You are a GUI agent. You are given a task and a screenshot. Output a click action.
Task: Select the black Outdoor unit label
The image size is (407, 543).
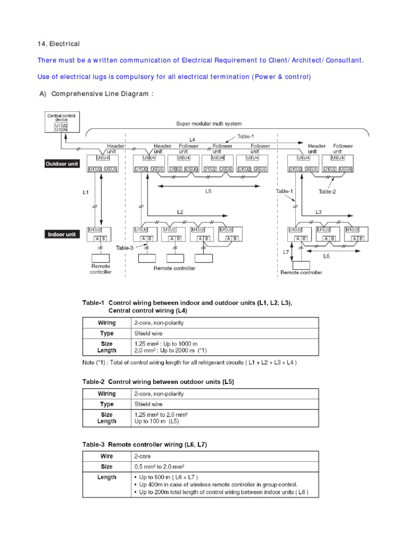pyautogui.click(x=61, y=164)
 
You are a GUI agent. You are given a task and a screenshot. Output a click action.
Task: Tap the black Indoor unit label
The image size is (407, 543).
pyautogui.click(x=61, y=234)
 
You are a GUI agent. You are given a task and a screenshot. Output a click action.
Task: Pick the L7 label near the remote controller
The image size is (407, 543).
pyautogui.click(x=286, y=252)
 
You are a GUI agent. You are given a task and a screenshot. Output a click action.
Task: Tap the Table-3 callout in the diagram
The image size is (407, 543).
pyautogui.click(x=125, y=247)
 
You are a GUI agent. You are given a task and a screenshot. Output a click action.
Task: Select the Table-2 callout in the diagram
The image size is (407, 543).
pyautogui.click(x=327, y=192)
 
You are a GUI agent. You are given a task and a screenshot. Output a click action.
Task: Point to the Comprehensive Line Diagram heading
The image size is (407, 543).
pyautogui.click(x=96, y=94)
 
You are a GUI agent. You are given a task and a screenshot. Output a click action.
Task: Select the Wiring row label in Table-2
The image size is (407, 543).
pyautogui.click(x=107, y=394)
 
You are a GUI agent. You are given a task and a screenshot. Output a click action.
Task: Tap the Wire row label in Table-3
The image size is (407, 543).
pyautogui.click(x=107, y=456)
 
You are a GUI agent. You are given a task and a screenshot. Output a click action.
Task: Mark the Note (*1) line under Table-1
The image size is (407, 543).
pyautogui.click(x=189, y=363)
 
